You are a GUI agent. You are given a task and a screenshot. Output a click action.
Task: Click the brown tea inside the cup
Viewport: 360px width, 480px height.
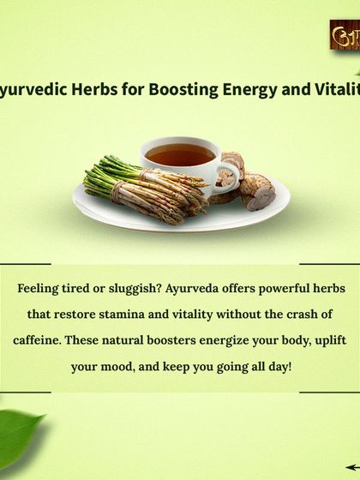pos(178,155)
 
